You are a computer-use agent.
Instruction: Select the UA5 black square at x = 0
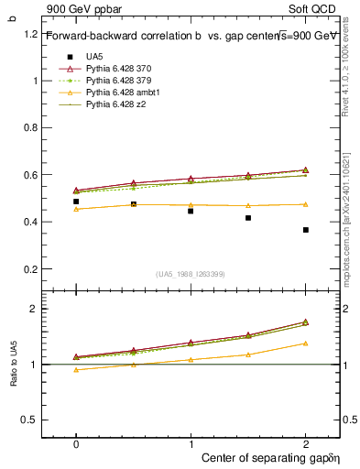tap(76, 202)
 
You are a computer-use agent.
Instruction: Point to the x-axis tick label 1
tap(191, 442)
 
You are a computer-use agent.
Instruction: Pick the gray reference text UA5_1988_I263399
tap(191, 274)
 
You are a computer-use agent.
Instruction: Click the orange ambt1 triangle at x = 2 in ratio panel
tap(306, 344)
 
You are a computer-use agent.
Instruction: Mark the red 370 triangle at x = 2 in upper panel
tap(306, 169)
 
